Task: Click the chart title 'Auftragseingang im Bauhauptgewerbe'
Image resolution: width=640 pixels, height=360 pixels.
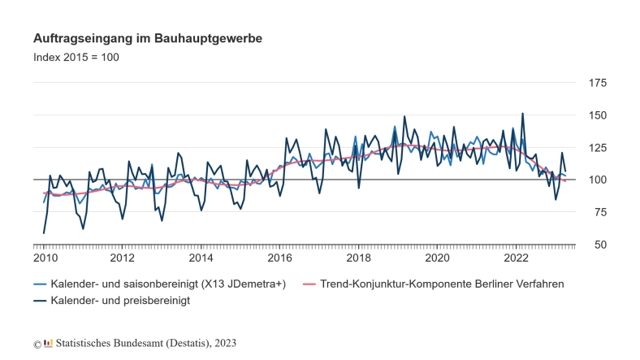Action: pos(147,38)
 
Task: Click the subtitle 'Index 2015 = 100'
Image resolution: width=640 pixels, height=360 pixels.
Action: pos(76,58)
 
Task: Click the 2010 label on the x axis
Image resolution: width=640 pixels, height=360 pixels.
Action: pos(45,258)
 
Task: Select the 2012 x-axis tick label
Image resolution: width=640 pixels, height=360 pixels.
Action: pos(123,258)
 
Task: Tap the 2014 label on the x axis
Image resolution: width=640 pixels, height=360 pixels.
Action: pos(201,258)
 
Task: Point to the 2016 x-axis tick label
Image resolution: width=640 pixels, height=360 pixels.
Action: pos(280,258)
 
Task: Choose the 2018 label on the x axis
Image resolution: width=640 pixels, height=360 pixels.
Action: pos(359,258)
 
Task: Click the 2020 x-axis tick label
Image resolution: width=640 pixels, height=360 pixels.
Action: pos(438,258)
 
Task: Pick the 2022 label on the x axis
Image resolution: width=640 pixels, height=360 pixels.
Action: pos(517,258)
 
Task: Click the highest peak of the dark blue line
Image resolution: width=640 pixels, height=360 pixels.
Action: pos(522,114)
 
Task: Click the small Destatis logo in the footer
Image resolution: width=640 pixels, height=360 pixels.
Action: pos(49,343)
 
